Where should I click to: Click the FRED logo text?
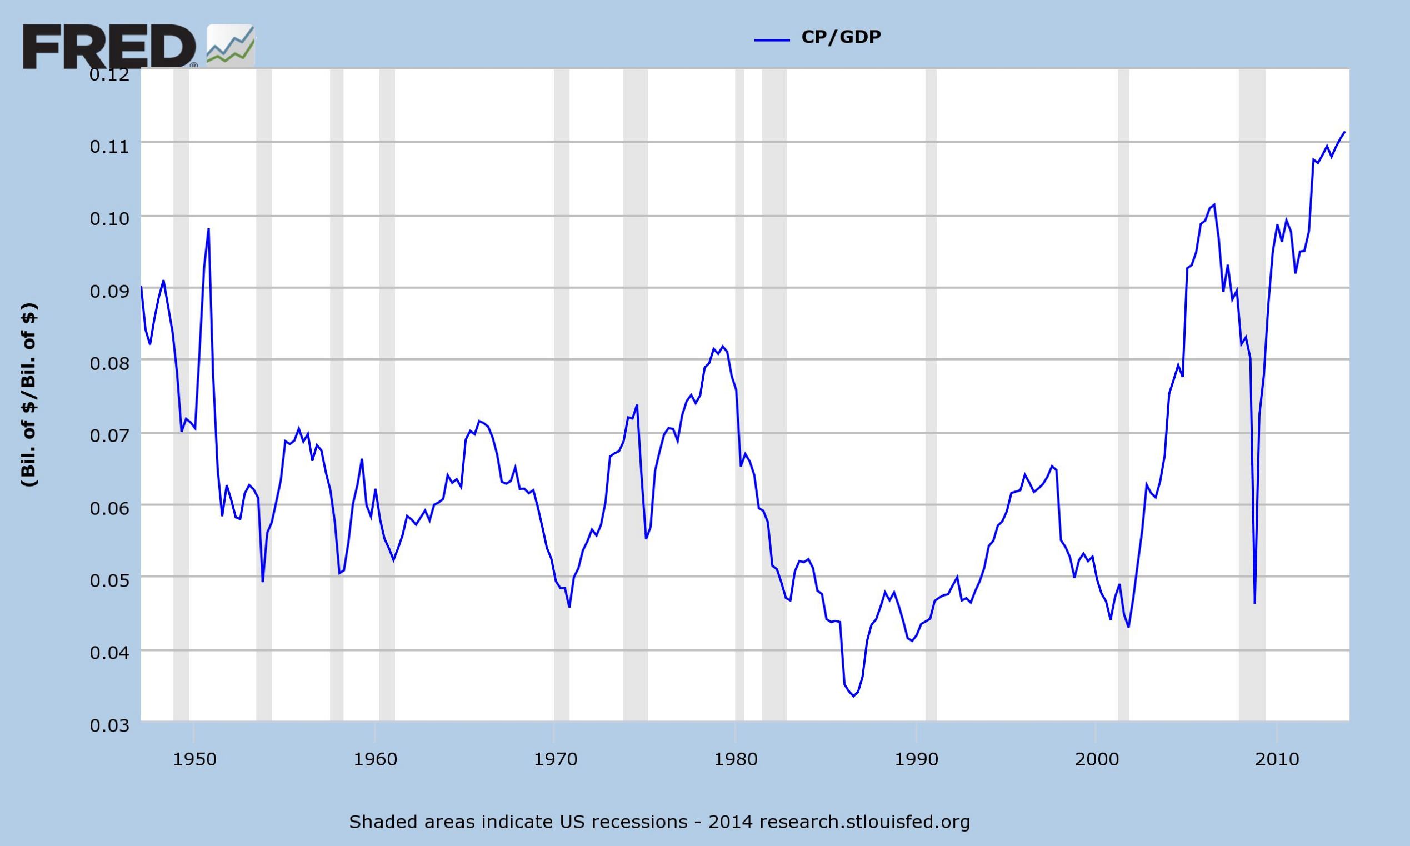pos(108,47)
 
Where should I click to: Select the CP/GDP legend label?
pos(841,37)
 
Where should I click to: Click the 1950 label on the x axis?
pos(194,760)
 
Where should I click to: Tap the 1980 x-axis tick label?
pos(736,760)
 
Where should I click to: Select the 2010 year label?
pos(1277,760)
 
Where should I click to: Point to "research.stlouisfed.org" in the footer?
pos(864,822)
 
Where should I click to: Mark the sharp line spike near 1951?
pos(209,229)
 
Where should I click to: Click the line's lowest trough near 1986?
pos(853,696)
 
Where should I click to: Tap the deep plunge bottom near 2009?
pos(1255,603)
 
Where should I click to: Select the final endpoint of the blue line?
pos(1344,132)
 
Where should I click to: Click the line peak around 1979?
pos(723,347)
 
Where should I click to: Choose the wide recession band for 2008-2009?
pos(1252,399)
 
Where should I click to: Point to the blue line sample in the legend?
pos(772,40)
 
